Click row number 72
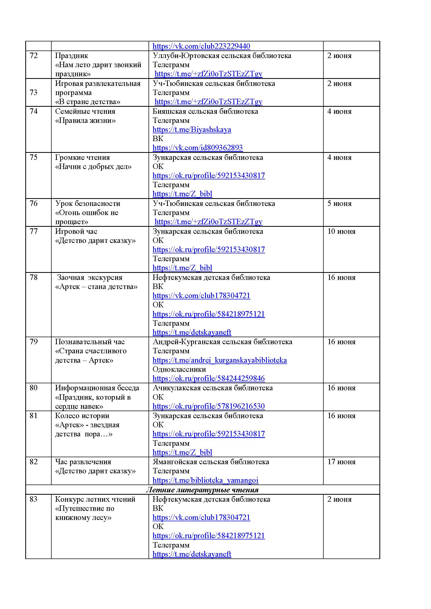point(34,56)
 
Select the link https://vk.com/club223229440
point(201,46)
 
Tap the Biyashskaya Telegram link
point(192,130)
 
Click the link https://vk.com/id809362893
point(198,148)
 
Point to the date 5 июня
point(339,204)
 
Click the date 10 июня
point(341,231)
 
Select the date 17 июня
point(341,462)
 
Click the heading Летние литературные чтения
point(202,490)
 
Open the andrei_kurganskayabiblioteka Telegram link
point(219,360)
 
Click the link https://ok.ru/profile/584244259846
point(209,379)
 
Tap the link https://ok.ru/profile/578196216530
point(209,406)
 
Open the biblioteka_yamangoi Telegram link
point(205,480)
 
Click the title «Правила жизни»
point(85,121)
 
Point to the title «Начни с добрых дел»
point(93,167)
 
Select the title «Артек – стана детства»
point(96,287)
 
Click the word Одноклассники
point(179,369)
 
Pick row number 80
point(34,388)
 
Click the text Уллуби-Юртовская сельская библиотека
point(221,56)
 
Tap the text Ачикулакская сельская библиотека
point(212,388)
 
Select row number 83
point(34,499)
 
